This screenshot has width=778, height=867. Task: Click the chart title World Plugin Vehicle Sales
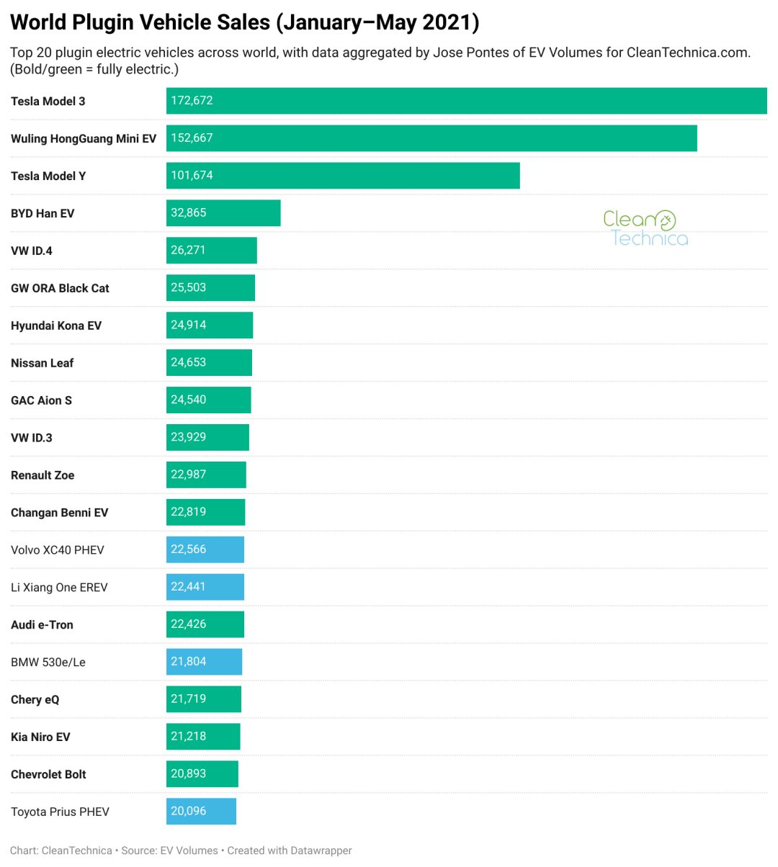tap(245, 22)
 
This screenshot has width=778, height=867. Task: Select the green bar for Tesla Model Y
tap(343, 176)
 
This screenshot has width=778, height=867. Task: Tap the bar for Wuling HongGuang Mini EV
tap(432, 138)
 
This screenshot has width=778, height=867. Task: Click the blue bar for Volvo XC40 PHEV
tap(205, 549)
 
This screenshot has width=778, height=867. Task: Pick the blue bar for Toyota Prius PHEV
tap(201, 812)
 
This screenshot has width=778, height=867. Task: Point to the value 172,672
tap(192, 101)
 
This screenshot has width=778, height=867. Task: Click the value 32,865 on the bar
tap(189, 213)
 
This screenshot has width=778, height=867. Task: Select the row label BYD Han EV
tap(43, 213)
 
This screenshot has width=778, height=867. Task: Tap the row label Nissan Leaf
tap(42, 363)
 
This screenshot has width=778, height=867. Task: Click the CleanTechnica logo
tap(645, 228)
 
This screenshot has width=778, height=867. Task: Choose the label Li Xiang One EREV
tap(59, 588)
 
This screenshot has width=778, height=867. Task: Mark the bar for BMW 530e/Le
tap(204, 662)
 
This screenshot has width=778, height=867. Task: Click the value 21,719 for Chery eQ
tap(189, 699)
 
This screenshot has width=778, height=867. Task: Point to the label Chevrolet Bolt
tap(48, 774)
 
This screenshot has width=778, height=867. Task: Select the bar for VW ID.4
tap(211, 251)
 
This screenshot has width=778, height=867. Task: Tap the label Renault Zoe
tap(43, 475)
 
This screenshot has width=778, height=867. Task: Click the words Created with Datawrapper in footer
tap(290, 850)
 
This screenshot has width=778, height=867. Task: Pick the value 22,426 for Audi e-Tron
tap(189, 624)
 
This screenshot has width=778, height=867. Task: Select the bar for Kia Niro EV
tap(203, 737)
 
